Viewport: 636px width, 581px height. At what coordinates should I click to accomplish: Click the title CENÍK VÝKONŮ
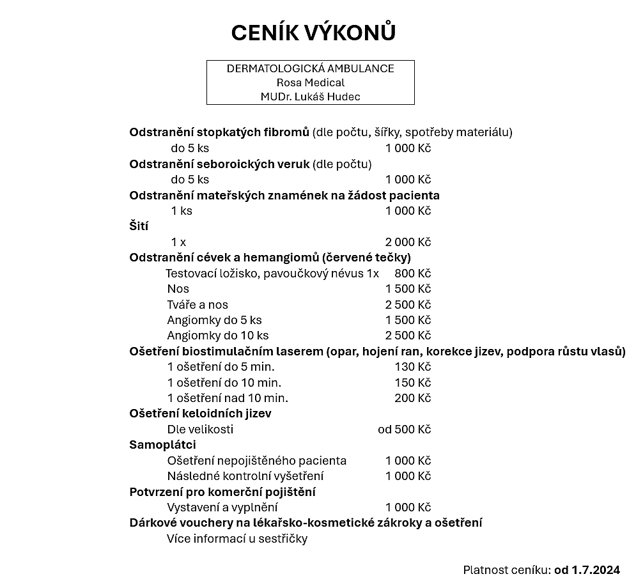coord(313,33)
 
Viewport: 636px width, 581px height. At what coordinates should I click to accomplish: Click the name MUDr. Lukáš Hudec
coord(310,97)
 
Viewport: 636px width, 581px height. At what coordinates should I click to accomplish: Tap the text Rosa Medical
coord(310,82)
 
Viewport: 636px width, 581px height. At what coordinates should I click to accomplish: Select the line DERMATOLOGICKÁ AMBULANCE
coord(310,68)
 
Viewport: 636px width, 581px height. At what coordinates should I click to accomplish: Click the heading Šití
coord(139,226)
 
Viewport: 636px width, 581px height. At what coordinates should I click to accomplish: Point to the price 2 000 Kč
coord(408,242)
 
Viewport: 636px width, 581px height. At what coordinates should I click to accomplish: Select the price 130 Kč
coord(413,367)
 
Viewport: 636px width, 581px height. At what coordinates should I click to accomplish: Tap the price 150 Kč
coord(413,382)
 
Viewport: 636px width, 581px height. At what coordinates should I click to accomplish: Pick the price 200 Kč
coord(413,398)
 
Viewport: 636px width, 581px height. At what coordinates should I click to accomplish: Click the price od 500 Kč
coord(404,429)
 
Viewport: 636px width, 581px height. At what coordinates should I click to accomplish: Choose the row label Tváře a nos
coord(198,304)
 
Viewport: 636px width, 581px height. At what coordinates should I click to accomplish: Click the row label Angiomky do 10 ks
coord(217,336)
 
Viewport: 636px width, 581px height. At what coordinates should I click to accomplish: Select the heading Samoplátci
coord(162,444)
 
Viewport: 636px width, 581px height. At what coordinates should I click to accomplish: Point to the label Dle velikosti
coord(200,429)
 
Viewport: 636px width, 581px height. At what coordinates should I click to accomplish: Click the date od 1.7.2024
coord(587,569)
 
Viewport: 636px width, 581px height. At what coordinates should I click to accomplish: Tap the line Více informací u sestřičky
coord(237,538)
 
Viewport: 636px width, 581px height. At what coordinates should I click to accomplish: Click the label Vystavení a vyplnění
coord(222,507)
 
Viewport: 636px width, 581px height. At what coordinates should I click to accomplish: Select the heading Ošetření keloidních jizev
coord(200,414)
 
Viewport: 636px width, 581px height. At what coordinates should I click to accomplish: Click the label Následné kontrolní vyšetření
coord(245,476)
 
